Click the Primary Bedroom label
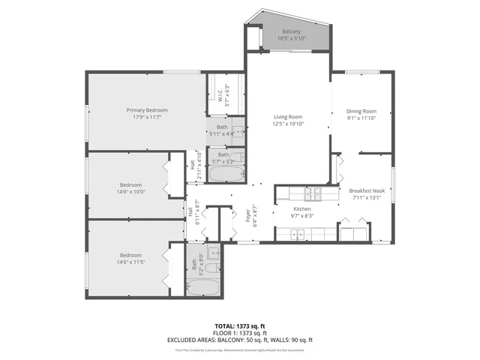click(146, 110)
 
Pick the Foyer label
click(247, 217)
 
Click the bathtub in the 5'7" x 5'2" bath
click(225, 175)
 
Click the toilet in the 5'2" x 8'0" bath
click(213, 268)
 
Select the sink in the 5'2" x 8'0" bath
click(212, 253)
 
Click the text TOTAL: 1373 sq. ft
click(239, 325)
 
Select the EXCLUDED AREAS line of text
click(239, 340)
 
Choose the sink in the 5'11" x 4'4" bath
click(235, 126)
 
